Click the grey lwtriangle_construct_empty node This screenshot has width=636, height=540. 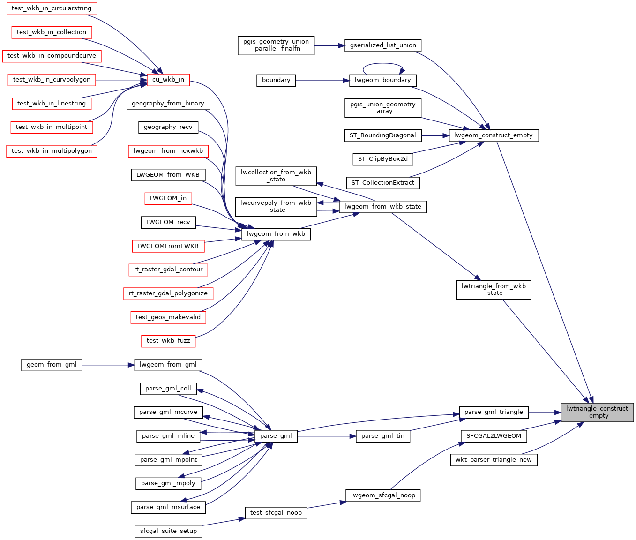point(597,412)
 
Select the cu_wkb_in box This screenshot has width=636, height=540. point(168,80)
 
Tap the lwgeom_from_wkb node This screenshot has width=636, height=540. point(276,233)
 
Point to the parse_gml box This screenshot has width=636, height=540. point(276,436)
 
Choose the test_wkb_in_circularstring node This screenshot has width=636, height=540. point(52,8)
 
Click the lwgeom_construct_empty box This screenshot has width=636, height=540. point(494,135)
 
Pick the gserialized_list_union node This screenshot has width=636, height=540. point(383,45)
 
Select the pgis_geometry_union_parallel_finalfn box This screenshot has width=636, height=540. point(276,45)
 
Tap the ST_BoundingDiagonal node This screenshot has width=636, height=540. point(382,135)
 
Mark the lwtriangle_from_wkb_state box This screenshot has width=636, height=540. point(494,290)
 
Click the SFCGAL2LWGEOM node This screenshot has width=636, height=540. point(494,436)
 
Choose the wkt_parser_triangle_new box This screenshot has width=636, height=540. point(494,460)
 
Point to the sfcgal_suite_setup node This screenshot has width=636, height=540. point(168,531)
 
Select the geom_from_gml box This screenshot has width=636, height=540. point(52,365)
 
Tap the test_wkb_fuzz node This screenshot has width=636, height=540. point(168,341)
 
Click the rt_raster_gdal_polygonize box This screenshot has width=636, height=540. point(168,293)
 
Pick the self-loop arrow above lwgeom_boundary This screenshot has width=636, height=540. point(383,64)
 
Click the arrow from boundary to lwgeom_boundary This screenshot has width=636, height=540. point(323,81)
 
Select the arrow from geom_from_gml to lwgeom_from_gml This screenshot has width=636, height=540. point(108,365)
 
